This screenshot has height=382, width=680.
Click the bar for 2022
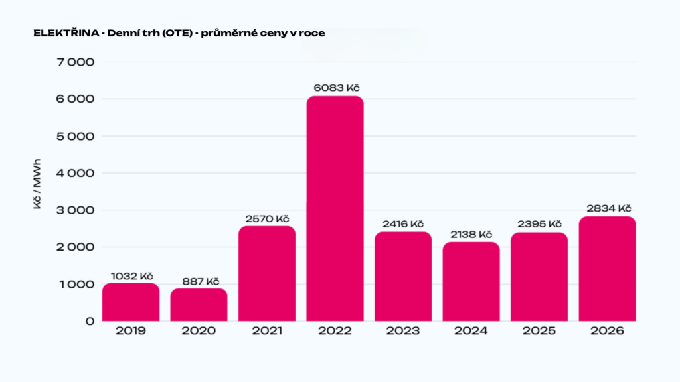pyautogui.click(x=335, y=209)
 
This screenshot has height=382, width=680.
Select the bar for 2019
pyautogui.click(x=131, y=302)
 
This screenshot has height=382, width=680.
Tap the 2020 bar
pyautogui.click(x=199, y=305)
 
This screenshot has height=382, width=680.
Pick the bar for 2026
pyautogui.click(x=607, y=269)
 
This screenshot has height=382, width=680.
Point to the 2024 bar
pyautogui.click(x=471, y=282)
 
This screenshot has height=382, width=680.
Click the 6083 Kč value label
pyautogui.click(x=335, y=88)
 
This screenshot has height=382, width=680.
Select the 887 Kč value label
pyautogui.click(x=199, y=281)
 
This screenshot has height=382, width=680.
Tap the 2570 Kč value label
pyautogui.click(x=267, y=218)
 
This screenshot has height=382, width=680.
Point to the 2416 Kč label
pyautogui.click(x=403, y=223)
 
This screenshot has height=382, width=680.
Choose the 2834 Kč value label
pyautogui.click(x=607, y=208)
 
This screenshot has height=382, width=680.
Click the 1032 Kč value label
pyautogui.click(x=131, y=275)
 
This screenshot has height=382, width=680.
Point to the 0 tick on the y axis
pyautogui.click(x=90, y=321)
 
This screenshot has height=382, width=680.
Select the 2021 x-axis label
pyautogui.click(x=267, y=331)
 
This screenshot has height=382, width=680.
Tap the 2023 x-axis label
pyautogui.click(x=403, y=331)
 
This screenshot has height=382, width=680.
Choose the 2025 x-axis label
pyautogui.click(x=539, y=331)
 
